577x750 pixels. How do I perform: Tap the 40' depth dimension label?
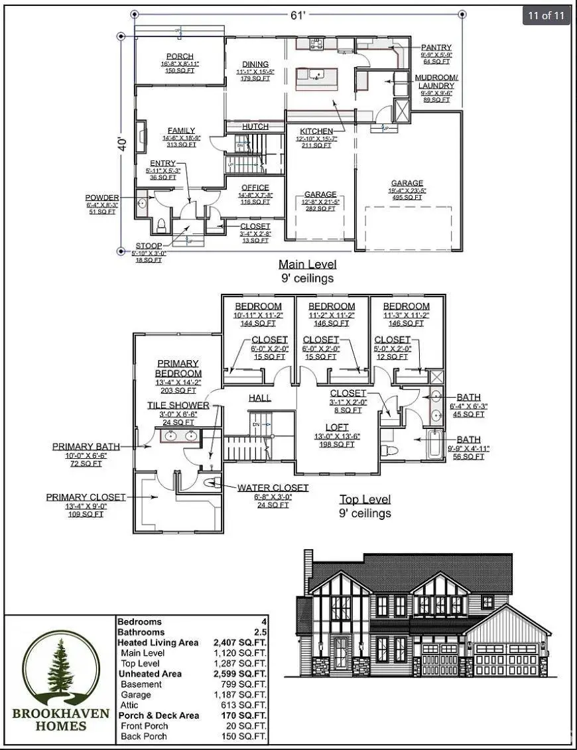121,144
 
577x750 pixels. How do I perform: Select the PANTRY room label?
436,48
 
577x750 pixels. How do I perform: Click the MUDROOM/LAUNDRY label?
435,82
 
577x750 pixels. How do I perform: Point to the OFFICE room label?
255,188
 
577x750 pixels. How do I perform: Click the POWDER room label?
102,198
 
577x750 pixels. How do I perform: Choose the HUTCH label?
255,127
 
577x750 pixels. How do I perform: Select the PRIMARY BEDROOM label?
178,368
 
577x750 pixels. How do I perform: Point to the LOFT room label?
336,427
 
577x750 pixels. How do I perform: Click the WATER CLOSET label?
273,487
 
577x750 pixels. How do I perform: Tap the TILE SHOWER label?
178,405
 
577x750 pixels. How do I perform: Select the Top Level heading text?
365,499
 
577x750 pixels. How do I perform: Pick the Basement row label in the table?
141,684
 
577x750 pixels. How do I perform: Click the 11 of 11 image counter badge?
547,16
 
